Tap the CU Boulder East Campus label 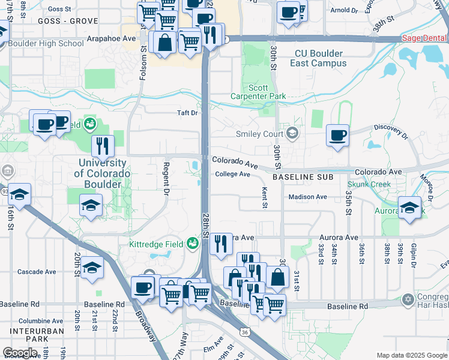320,58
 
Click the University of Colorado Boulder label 102,173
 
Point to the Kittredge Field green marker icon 193,244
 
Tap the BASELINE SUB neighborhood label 303,178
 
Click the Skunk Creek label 369,185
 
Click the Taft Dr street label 187,112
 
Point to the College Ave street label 232,174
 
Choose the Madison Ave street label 307,197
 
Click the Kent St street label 265,197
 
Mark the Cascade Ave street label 37,272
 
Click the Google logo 20,353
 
